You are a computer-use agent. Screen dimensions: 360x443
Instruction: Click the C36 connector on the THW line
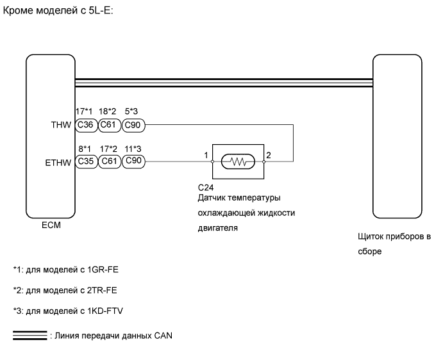pos(85,126)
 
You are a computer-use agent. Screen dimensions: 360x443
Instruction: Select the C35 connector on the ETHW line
pos(85,162)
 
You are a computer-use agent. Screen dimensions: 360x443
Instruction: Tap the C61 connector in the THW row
pos(109,126)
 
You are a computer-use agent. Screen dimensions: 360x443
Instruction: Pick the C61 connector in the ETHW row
pos(109,162)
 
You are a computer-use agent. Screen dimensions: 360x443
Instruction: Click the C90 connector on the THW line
pos(133,126)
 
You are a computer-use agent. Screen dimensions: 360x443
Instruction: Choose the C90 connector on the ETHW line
pos(133,162)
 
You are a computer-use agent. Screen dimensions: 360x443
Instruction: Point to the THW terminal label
pos(62,126)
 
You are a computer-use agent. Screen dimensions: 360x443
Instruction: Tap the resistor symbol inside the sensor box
pos(238,162)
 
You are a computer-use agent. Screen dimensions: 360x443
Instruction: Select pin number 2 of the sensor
pos(269,156)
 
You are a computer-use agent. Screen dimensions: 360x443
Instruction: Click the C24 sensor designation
pos(206,187)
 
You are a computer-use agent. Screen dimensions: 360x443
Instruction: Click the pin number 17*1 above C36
pos(84,111)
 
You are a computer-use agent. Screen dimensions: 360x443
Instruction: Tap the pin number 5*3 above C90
pos(133,111)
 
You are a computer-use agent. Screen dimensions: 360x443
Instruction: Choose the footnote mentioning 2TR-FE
pos(65,290)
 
